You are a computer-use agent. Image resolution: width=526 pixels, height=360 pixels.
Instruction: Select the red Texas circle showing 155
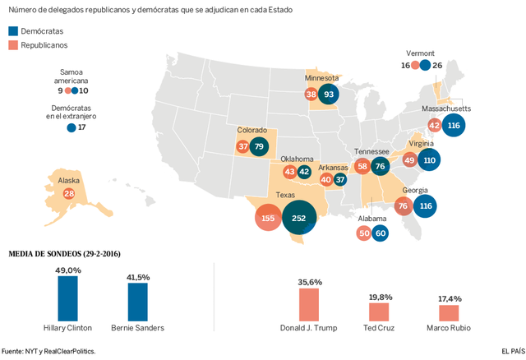268,219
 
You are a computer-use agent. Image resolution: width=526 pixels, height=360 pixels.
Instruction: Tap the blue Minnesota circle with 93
330,95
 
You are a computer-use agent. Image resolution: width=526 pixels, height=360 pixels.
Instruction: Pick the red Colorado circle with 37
242,147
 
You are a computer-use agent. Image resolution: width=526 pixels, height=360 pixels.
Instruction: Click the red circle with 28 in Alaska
69,193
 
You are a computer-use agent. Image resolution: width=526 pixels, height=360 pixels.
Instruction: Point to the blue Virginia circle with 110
429,159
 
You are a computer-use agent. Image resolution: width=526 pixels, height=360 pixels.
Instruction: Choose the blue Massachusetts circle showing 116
454,125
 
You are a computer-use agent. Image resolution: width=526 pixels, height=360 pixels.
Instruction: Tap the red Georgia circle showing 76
403,206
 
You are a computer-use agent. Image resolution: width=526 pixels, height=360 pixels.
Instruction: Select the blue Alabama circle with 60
380,233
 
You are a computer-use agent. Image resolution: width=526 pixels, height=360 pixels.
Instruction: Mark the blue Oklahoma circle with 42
304,172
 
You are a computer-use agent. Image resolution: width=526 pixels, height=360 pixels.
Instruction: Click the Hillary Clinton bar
67,298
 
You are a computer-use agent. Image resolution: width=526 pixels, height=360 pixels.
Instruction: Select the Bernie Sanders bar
138,302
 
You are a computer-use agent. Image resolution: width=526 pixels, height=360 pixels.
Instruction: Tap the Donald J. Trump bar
308,305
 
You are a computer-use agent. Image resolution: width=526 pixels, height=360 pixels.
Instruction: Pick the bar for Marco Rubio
449,313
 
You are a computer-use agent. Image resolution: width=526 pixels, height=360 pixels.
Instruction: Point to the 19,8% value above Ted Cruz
379,296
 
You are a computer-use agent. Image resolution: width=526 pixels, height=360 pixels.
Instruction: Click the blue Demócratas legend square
13,30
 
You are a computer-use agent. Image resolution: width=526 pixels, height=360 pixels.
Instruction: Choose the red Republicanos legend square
13,45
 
